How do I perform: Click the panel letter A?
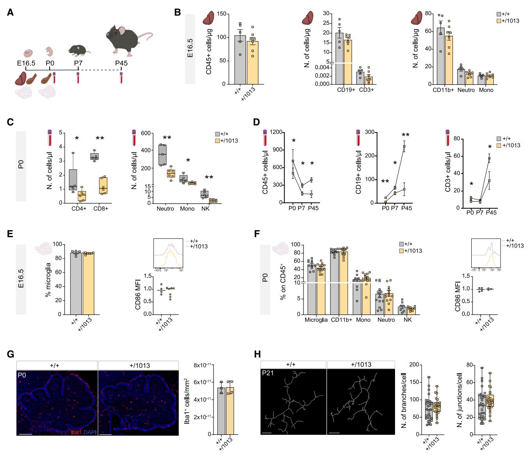(x=10, y=13)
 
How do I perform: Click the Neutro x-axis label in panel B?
(x=465, y=90)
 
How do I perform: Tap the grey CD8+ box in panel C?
(x=94, y=157)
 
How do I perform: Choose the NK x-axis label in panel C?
(x=205, y=209)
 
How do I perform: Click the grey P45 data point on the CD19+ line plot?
(x=404, y=147)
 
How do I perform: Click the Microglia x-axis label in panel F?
(x=316, y=320)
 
